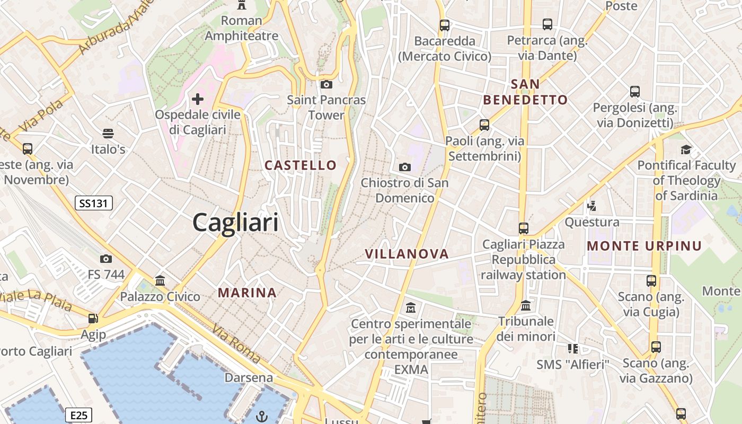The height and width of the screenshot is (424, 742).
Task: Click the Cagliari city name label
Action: coord(235,222)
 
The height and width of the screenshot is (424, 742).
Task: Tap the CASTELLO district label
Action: coord(301,165)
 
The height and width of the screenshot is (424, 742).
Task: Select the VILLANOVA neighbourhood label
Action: coord(407,254)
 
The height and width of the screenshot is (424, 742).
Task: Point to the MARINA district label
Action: coord(247,293)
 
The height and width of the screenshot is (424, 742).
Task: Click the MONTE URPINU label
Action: coord(644,246)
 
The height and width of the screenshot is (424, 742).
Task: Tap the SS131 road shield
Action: coord(94,203)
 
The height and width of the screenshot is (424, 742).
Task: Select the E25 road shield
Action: coord(79,415)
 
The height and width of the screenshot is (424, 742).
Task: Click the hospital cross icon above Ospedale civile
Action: coord(198,99)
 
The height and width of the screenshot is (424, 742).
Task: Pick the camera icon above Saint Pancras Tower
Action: coord(326,84)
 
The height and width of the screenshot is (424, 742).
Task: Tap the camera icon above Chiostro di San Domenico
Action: coord(405,167)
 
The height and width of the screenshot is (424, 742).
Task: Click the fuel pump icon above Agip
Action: coord(93,319)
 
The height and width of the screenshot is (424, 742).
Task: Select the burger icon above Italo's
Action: coord(108,133)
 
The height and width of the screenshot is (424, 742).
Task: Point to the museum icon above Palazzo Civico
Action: coord(160,280)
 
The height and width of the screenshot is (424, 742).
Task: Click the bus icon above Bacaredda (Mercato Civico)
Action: coord(445,25)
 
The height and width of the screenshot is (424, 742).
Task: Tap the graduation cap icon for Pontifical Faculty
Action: coord(686,149)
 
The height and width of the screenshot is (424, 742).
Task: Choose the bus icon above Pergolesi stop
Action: coord(635,92)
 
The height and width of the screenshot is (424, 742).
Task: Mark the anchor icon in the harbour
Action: coord(262,416)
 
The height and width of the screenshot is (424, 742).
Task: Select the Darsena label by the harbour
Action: coord(249,378)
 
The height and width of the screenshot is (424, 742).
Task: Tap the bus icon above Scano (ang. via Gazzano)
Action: coord(656,347)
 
